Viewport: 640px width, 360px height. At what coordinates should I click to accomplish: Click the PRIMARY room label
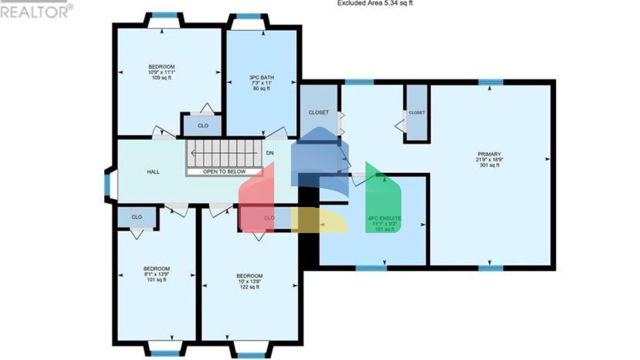click(489, 154)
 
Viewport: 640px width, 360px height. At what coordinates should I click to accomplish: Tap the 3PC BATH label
click(262, 77)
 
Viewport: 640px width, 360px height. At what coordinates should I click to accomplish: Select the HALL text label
click(153, 172)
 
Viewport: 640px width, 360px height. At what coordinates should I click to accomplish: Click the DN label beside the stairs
click(270, 153)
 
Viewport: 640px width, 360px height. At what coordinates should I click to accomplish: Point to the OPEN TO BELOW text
click(224, 172)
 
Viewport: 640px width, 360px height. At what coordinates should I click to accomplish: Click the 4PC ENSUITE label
click(384, 218)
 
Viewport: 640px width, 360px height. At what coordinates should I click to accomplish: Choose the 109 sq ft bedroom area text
click(162, 78)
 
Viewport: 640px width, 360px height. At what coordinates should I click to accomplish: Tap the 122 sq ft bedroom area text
click(250, 287)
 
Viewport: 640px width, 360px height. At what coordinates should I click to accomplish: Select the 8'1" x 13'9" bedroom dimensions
click(157, 274)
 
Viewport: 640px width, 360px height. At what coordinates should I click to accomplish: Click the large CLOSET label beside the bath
click(318, 112)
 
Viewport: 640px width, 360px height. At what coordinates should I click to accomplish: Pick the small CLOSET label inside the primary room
click(417, 112)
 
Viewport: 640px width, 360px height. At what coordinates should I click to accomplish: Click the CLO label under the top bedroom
click(203, 125)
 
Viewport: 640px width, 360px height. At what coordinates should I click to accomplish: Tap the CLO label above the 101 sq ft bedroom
click(137, 217)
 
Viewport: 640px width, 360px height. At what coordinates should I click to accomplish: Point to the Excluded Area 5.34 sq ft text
click(375, 3)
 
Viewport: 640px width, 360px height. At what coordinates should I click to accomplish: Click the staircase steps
click(223, 153)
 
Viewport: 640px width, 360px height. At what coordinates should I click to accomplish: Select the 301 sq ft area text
click(489, 165)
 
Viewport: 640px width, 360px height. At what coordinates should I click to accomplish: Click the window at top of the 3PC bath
click(248, 17)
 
